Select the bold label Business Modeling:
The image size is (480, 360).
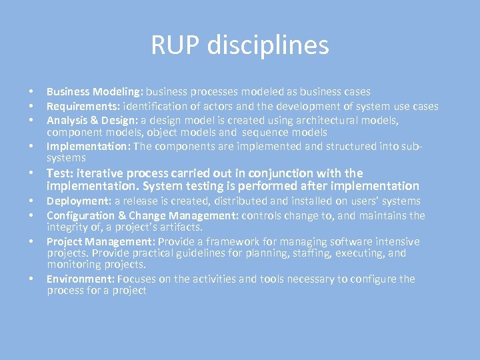[x=95, y=91]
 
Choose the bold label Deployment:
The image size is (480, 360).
[x=79, y=201]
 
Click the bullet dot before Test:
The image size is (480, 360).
[x=31, y=173]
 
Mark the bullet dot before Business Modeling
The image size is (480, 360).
[x=31, y=91]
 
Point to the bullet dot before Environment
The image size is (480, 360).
[x=31, y=279]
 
